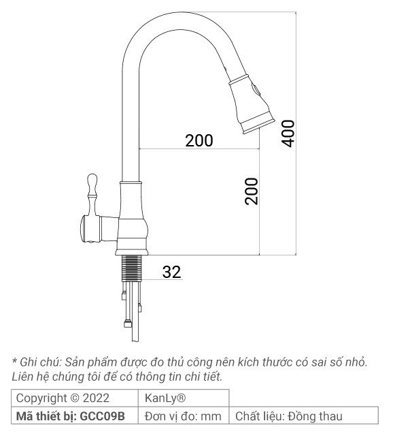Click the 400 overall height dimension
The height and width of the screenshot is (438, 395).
point(288,132)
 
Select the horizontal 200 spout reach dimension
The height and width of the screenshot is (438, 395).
point(199,141)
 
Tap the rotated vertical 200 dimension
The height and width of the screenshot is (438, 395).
point(252,191)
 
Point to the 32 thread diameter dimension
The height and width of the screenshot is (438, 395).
point(171,272)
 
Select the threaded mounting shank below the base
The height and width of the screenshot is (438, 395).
point(133,267)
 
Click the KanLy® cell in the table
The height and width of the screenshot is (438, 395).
point(162,398)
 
